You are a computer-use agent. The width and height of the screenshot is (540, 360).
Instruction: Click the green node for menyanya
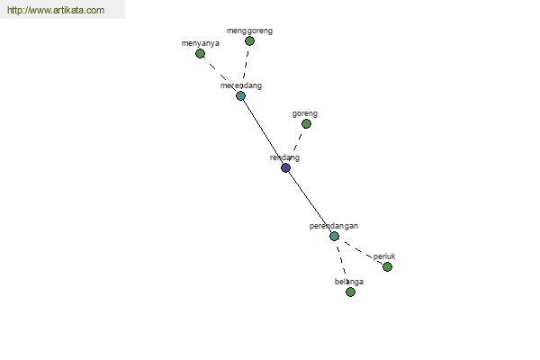[x=200, y=54]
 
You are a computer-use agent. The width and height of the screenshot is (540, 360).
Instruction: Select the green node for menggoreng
[x=249, y=41]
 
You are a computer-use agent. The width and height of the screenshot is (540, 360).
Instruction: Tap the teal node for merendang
[x=240, y=95]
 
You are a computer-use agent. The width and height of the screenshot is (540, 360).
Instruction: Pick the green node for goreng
[x=306, y=123]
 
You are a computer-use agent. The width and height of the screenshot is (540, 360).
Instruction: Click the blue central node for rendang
[x=285, y=168]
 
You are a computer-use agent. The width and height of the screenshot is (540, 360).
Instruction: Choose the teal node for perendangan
[x=334, y=237]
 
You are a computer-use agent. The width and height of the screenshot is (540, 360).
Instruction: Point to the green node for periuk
[x=387, y=266]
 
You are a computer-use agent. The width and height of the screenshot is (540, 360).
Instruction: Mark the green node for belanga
[x=351, y=292]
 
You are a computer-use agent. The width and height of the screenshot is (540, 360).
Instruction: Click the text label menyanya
[x=201, y=43]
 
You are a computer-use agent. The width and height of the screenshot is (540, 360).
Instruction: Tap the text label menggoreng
[x=249, y=31]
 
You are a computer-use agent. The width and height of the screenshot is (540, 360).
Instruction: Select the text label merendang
[x=241, y=85]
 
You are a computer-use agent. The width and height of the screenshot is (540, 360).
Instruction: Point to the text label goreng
[x=305, y=113]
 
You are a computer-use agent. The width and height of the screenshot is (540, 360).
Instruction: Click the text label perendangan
[x=334, y=226]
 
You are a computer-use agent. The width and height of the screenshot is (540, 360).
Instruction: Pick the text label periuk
[x=384, y=256]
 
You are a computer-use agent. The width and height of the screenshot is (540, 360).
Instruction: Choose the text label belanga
[x=349, y=282]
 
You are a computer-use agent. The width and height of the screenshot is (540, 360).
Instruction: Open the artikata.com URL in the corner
[x=56, y=10]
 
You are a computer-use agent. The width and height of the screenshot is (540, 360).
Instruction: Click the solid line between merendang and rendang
[x=263, y=132]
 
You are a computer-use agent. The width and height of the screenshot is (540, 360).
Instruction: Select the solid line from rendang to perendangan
[x=310, y=202]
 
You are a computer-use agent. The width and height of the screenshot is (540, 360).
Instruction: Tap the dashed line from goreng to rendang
[x=298, y=142]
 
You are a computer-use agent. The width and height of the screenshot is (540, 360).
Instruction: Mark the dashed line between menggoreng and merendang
[x=245, y=66]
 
